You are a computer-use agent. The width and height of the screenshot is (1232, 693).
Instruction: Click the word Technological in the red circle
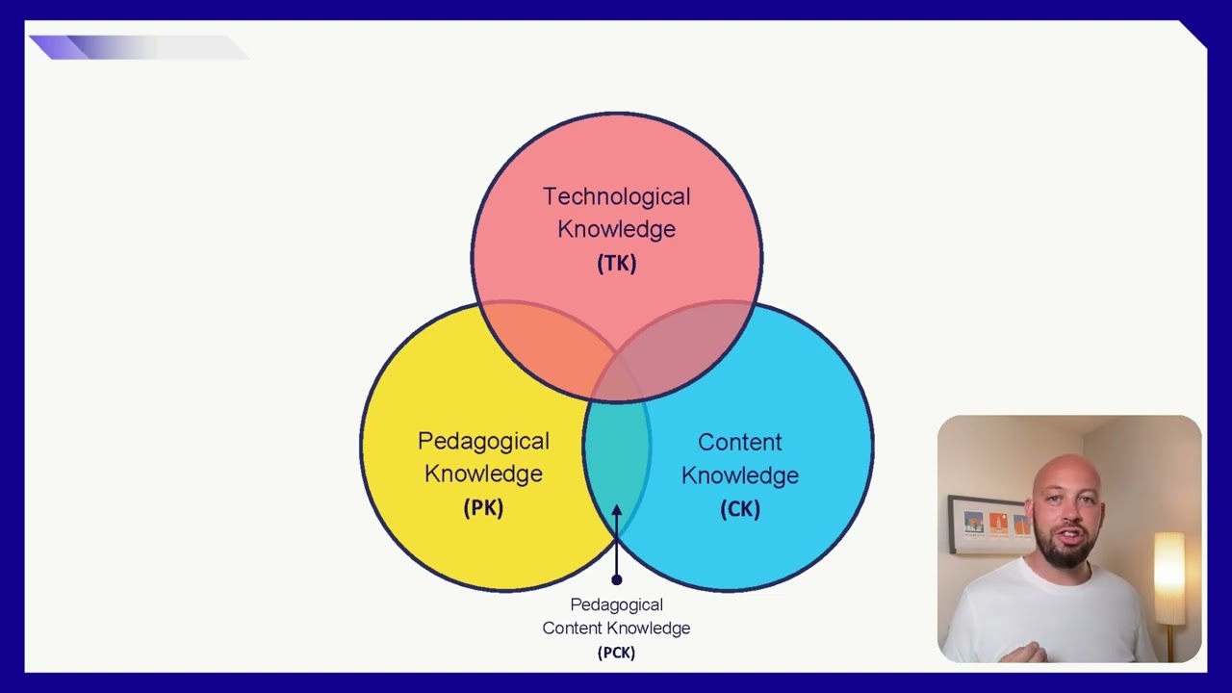(x=617, y=197)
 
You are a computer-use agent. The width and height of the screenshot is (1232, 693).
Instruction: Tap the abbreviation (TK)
(x=617, y=264)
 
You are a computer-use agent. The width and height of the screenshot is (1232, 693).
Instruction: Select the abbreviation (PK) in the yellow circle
(x=483, y=507)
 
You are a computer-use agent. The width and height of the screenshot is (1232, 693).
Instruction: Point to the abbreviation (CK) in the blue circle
(x=740, y=509)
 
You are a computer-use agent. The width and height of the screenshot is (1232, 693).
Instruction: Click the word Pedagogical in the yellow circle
(x=483, y=442)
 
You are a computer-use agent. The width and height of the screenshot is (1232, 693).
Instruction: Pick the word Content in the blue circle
(x=740, y=442)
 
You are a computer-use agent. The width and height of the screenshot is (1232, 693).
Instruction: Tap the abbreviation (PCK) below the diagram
(x=617, y=653)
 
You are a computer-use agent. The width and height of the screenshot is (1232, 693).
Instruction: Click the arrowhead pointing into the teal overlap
(x=617, y=510)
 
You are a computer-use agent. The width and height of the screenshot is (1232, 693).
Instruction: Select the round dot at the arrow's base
(x=617, y=579)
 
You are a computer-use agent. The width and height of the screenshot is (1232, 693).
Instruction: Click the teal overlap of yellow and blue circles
(x=617, y=456)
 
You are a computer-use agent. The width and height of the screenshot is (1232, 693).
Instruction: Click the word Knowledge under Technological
(x=617, y=229)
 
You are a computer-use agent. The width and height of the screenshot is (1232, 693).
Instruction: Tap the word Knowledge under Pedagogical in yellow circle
(x=483, y=475)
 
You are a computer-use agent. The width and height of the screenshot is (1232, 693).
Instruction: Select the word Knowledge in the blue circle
(x=740, y=475)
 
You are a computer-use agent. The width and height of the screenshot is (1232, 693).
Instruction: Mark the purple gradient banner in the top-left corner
(x=139, y=47)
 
